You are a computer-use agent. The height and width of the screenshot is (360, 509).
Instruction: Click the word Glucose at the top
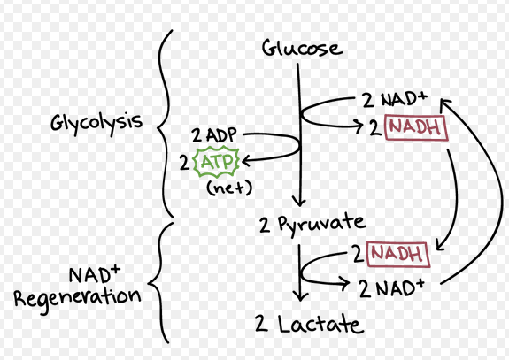(301, 47)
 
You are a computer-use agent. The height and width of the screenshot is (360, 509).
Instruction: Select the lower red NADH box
(397, 255)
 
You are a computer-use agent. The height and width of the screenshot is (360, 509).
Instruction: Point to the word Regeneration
(77, 296)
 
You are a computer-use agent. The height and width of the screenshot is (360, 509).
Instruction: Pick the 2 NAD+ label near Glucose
(394, 99)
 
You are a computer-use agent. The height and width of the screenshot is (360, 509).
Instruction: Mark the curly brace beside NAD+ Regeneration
(158, 283)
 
